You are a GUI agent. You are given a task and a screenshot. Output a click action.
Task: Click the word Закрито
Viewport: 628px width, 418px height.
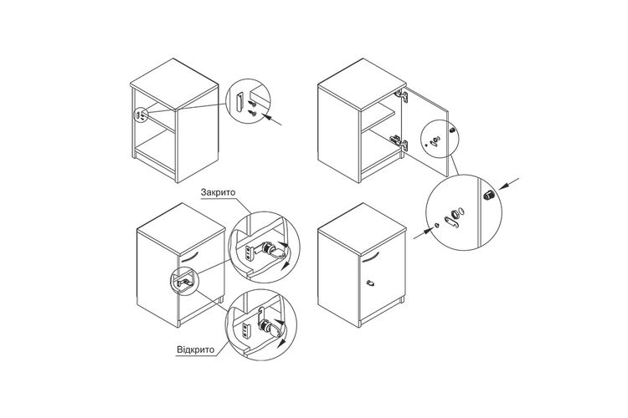219,192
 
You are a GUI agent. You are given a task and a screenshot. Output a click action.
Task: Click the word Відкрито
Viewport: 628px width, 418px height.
196,349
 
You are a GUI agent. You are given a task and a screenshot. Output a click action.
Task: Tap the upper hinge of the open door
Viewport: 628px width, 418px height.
402,96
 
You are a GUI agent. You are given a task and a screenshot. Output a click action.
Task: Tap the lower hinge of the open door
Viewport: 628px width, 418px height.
399,142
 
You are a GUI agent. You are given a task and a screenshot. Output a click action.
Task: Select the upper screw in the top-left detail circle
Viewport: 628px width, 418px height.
252,104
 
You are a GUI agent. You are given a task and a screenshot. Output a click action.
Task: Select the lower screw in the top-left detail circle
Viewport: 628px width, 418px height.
252,113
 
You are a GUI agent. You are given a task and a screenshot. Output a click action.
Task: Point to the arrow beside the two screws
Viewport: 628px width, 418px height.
271,120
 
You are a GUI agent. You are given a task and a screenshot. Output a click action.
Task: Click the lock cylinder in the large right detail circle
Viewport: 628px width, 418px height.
489,195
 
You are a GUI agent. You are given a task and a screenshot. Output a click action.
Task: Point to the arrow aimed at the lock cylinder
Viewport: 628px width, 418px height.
508,184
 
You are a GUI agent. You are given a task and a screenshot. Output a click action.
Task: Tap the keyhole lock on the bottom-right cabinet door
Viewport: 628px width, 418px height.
370,283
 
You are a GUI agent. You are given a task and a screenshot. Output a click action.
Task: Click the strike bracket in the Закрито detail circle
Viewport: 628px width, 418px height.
249,252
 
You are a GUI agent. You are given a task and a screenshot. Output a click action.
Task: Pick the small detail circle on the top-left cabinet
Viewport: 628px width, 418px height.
140,115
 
